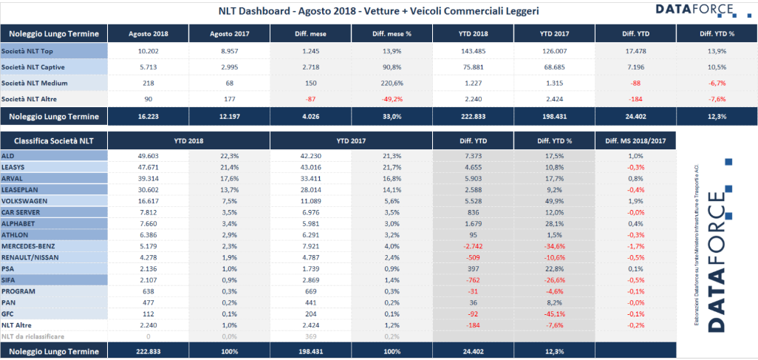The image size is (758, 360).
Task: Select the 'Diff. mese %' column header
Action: point(392,34)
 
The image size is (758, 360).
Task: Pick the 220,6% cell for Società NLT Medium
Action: point(392,83)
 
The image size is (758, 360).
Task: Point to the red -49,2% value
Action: point(392,98)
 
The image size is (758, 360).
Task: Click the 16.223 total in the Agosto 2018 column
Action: point(148,116)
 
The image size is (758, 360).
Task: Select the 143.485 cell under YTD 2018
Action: point(474,50)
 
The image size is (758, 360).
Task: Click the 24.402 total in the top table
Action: point(635,116)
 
